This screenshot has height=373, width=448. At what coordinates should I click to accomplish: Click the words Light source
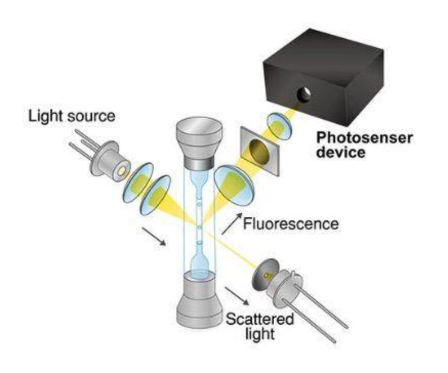pos(72,116)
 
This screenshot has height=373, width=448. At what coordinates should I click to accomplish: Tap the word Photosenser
pos(364,138)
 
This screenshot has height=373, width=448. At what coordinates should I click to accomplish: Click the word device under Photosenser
pos(341,152)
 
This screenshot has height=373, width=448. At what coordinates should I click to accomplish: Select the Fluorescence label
pos(291,223)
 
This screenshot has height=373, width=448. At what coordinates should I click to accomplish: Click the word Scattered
pos(260,319)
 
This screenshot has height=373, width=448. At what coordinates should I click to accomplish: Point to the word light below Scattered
pos(260,333)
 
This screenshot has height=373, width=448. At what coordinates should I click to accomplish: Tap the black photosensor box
pos(323,76)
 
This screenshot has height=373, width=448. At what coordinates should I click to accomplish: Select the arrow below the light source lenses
pos(154,236)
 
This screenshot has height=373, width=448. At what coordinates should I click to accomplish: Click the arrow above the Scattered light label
pos(237,296)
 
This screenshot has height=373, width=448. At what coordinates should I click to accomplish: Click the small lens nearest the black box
pos(279,126)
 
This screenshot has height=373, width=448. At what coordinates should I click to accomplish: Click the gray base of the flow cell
pos(199,299)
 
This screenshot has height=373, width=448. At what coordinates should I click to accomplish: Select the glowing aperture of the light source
pos(122,171)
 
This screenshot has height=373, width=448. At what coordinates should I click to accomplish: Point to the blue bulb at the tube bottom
pos(199,265)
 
